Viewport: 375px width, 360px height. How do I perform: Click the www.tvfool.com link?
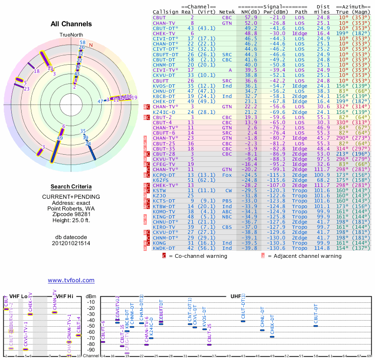[x=71, y=280]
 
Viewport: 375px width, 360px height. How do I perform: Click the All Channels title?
[x=71, y=24]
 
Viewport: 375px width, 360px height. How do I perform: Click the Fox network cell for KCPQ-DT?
[x=227, y=175]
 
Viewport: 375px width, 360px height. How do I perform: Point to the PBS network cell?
[x=227, y=201]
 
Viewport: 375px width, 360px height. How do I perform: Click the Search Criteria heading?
[x=71, y=187]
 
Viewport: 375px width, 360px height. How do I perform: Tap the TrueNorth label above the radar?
[x=71, y=35]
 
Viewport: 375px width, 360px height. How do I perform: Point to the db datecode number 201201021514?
[x=71, y=243]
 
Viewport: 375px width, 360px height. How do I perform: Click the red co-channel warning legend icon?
[x=164, y=256]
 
